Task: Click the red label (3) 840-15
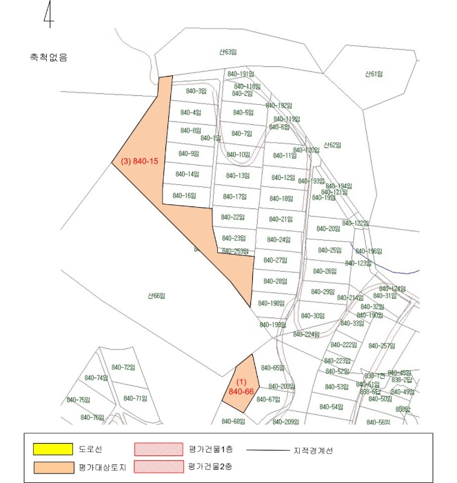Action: [140, 161]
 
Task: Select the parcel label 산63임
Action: [228, 52]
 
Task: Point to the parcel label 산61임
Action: [374, 74]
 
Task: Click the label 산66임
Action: [156, 295]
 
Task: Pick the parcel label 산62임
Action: [333, 145]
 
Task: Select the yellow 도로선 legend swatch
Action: [53, 449]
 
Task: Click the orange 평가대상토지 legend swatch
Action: [53, 467]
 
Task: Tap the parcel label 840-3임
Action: [196, 90]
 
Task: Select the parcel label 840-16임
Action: [185, 195]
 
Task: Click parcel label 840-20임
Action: [329, 228]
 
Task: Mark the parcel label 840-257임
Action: [381, 346]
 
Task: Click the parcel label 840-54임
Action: [332, 406]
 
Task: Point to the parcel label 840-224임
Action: [306, 334]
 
